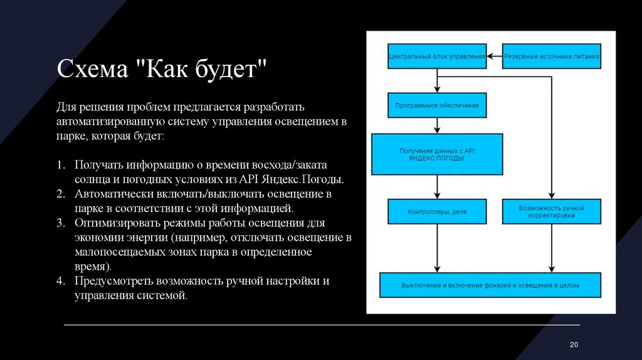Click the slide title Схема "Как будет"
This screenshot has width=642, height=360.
coord(162,68)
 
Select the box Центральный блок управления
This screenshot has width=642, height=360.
coord(437,56)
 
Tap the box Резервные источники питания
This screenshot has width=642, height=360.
coord(552,56)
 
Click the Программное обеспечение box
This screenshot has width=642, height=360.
coord(437,105)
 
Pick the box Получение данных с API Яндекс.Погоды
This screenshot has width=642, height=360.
coord(437,154)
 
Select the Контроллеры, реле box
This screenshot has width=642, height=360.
coord(437,211)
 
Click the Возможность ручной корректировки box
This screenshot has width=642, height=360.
coord(552,211)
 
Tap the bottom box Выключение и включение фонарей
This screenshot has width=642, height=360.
coord(490,285)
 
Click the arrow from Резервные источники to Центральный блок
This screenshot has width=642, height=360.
coord(495,56)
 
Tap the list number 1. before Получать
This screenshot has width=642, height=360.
coord(61,164)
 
